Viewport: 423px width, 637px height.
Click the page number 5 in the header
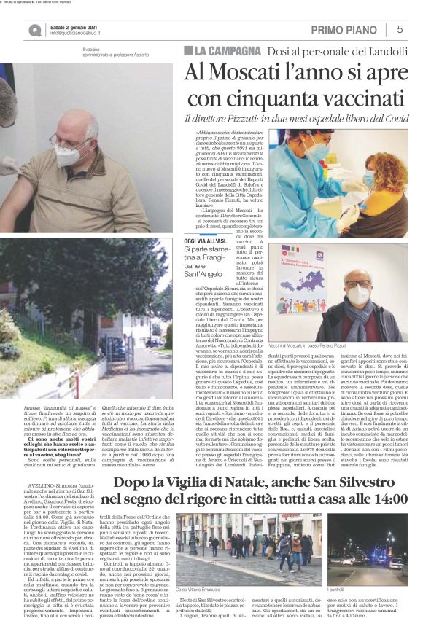point(400,29)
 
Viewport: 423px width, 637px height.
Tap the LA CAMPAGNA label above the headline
point(222,50)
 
